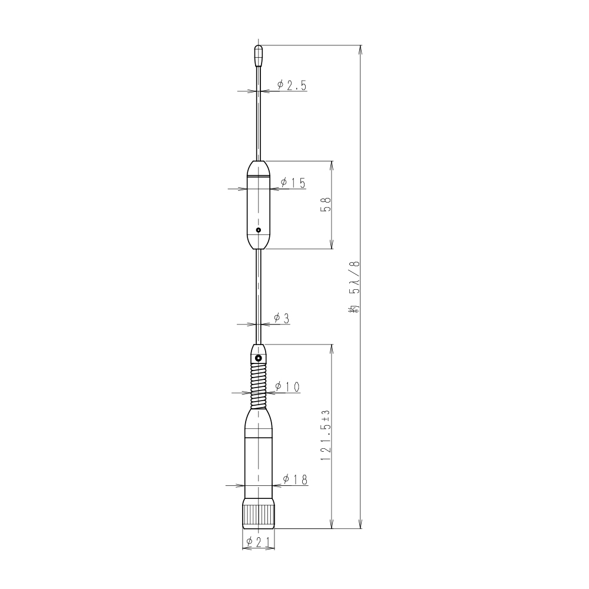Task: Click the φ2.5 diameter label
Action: click(292, 85)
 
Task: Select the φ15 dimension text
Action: click(293, 183)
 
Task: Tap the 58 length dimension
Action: click(325, 205)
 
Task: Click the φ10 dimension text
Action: click(287, 386)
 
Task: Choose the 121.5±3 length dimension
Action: click(325, 436)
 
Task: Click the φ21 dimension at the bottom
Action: click(258, 542)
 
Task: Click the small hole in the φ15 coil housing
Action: click(258, 230)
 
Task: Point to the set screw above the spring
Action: click(258, 357)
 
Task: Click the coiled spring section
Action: click(258, 386)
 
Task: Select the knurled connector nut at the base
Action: click(258, 515)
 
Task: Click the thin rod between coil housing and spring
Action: click(258, 294)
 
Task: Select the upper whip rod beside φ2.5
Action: click(258, 118)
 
